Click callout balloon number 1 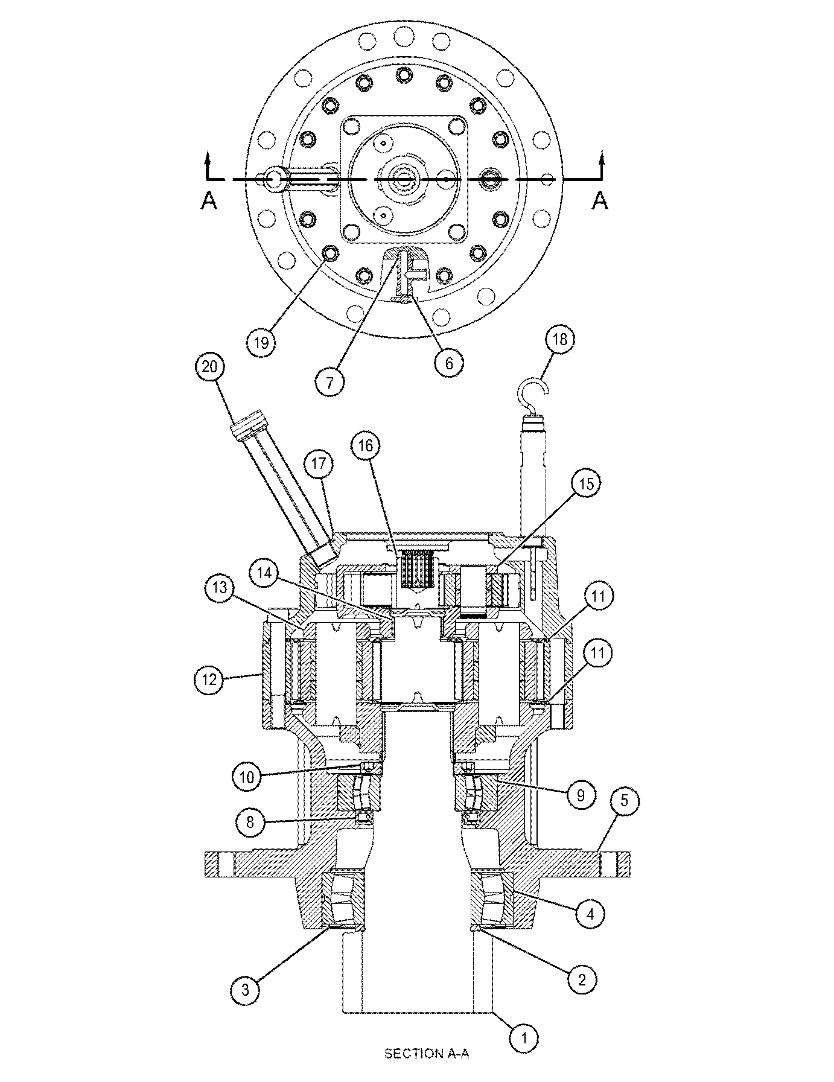pos(524,1038)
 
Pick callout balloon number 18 pos(560,339)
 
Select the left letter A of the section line pos(209,200)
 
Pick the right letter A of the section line pos(599,200)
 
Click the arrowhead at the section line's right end pos(600,158)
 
